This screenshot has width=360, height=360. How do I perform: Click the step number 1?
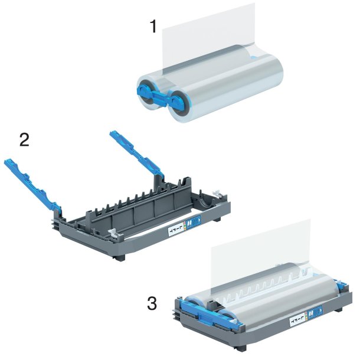click(x=152, y=27)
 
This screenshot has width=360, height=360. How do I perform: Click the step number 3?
click(x=152, y=304)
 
